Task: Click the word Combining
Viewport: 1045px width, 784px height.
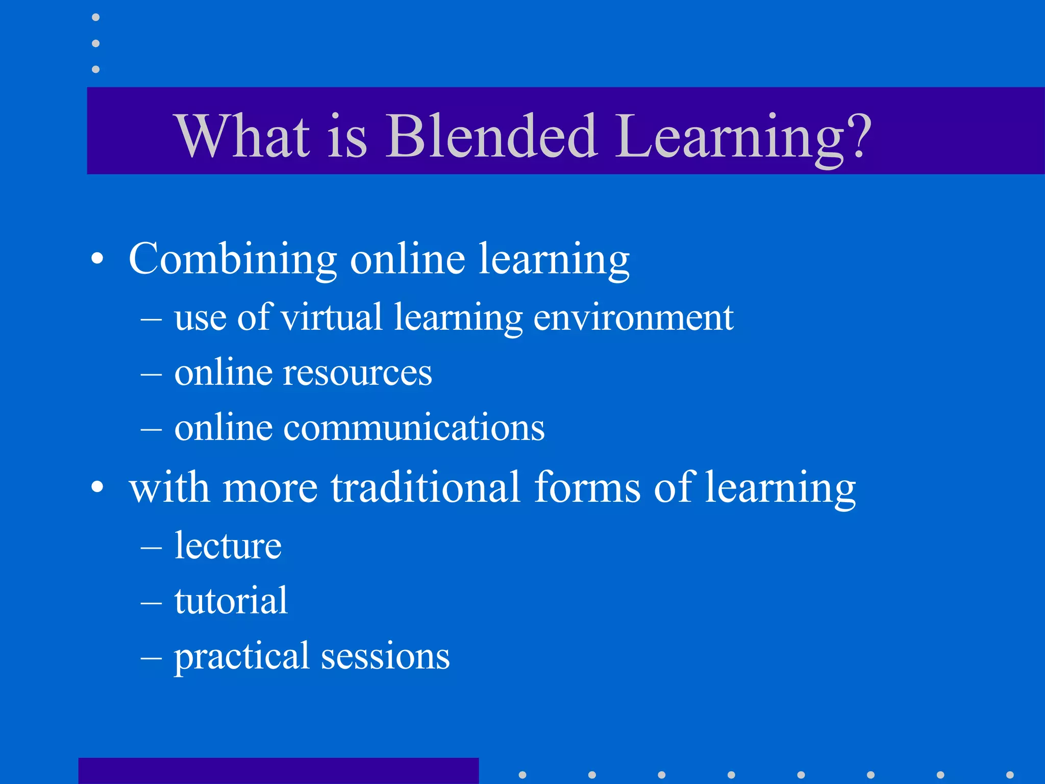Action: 233,259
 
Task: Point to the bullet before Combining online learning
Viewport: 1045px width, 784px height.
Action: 97,259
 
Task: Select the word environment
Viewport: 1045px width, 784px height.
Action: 633,318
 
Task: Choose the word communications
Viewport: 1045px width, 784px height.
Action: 414,427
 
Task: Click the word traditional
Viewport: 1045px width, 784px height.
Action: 426,487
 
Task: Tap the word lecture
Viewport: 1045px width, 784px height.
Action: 228,546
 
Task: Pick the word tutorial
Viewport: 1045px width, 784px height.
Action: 231,601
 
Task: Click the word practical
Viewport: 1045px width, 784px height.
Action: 241,656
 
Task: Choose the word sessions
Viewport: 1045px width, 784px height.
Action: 385,656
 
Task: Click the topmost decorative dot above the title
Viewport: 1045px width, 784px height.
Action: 96,17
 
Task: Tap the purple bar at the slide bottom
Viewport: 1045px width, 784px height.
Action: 279,771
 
